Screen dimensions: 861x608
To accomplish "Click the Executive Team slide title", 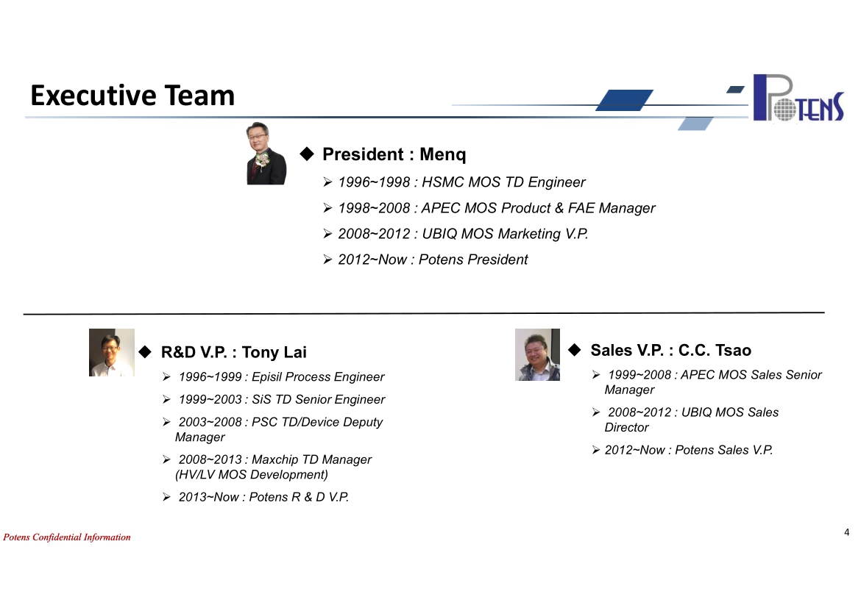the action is (x=132, y=96).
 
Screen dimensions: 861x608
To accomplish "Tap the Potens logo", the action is (x=798, y=98).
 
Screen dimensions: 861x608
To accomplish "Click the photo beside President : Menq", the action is (x=266, y=153).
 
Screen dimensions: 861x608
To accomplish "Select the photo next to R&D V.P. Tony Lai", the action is (x=111, y=352).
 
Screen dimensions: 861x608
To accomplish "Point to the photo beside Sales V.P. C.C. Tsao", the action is (x=537, y=354).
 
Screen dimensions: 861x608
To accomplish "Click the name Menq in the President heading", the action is (x=442, y=154).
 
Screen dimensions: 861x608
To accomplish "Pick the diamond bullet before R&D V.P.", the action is (x=145, y=351).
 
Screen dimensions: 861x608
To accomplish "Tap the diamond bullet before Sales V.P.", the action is (x=574, y=349).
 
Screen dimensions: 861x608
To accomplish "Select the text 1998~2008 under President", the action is (x=374, y=208).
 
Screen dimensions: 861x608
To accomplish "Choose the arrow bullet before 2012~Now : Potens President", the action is (x=327, y=259).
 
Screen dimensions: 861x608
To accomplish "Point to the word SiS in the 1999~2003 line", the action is (x=261, y=399).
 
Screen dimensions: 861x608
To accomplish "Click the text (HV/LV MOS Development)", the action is (x=252, y=475).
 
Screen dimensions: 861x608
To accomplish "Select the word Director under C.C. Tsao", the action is (x=626, y=427).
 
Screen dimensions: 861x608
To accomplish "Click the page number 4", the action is (x=847, y=532).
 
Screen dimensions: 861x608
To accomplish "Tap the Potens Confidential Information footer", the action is (x=67, y=537).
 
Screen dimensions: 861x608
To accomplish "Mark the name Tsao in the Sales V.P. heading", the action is (x=732, y=350).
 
